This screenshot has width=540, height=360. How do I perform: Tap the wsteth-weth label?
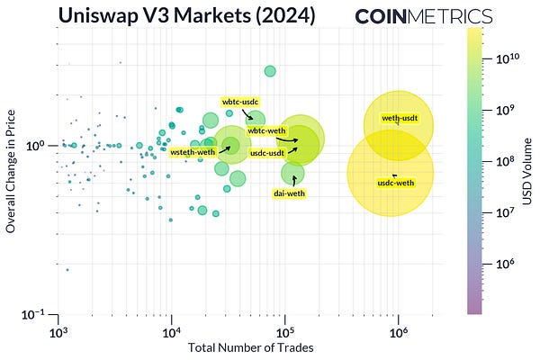pos(193,153)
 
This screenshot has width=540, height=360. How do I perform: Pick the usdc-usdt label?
pos(266,153)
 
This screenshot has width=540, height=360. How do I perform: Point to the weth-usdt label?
pos(399,118)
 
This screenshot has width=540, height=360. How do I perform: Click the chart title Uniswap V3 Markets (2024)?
pos(185,15)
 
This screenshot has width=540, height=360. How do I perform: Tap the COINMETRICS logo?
pos(423,16)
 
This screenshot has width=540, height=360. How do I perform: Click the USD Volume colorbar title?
pos(528,170)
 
